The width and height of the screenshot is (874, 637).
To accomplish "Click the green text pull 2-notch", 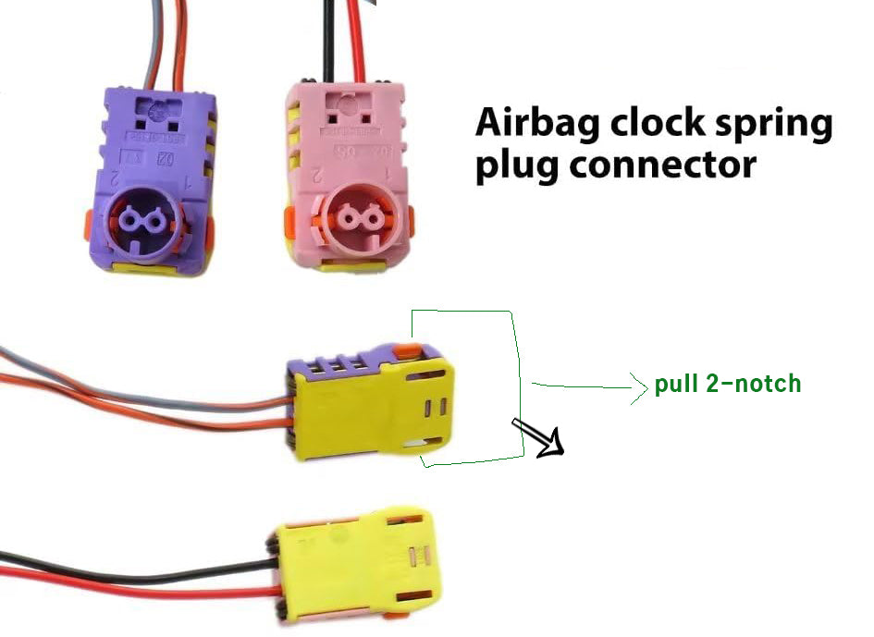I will (x=727, y=384).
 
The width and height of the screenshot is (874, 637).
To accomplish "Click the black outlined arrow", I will (x=540, y=438).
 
